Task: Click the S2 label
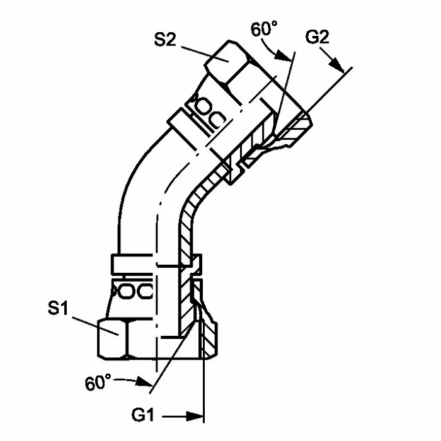[x=165, y=40]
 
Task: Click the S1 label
[x=58, y=307]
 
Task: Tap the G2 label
[x=318, y=37]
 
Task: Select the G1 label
[x=143, y=415]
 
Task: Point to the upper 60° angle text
[x=264, y=29]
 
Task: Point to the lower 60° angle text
[x=98, y=382]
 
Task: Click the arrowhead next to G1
[x=195, y=416]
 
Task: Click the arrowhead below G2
[x=336, y=65]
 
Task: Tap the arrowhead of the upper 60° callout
[x=283, y=55]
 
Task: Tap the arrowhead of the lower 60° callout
[x=144, y=381]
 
